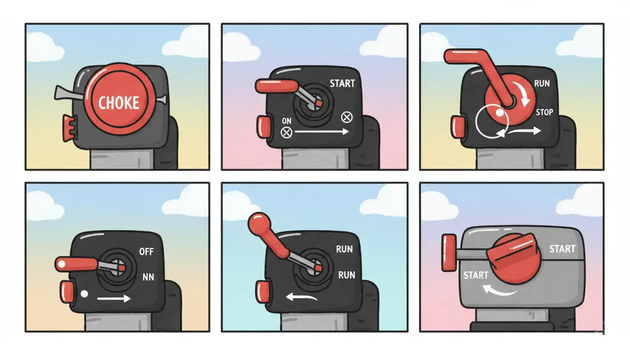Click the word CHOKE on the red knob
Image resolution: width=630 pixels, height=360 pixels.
pyautogui.click(x=119, y=103)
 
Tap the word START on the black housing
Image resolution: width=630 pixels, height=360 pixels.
pyautogui.click(x=342, y=84)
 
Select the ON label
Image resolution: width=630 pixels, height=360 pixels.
pyautogui.click(x=286, y=121)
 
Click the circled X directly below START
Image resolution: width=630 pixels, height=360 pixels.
pyautogui.click(x=347, y=117)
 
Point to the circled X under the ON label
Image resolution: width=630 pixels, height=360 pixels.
pyautogui.click(x=286, y=133)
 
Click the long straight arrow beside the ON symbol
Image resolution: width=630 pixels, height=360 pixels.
pyautogui.click(x=322, y=132)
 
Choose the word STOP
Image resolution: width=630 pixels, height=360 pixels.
pyautogui.click(x=544, y=112)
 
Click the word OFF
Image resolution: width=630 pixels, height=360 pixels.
pyautogui.click(x=146, y=252)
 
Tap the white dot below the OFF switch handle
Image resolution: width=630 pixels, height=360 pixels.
pyautogui.click(x=84, y=294)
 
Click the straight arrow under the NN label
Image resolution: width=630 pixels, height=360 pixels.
pyautogui.click(x=113, y=298)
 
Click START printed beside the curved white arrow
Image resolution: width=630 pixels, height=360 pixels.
pyautogui.click(x=475, y=275)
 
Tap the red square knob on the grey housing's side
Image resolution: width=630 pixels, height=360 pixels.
pyautogui.click(x=449, y=253)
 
